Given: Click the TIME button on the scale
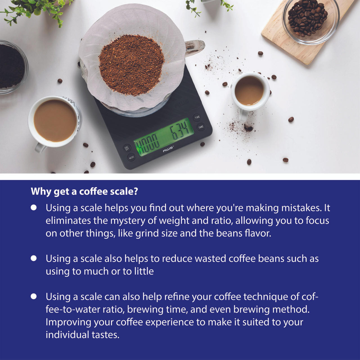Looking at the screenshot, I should [197, 117].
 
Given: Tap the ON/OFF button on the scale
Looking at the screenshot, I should [127, 148].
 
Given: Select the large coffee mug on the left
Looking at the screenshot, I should [55, 121].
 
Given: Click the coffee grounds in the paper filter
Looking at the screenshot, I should [131, 64].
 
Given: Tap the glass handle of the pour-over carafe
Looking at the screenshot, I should [195, 46].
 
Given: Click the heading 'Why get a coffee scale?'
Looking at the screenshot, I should [84, 191].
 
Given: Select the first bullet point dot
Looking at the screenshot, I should [34, 208].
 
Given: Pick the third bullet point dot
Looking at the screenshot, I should [34, 296].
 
